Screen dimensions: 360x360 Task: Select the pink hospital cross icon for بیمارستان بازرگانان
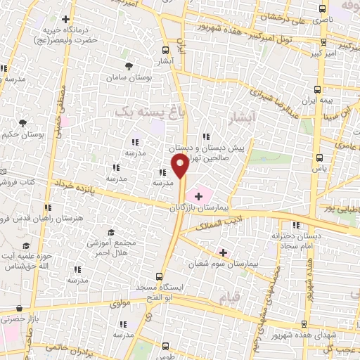[199, 193]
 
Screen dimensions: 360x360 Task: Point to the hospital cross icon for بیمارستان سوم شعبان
[223, 252]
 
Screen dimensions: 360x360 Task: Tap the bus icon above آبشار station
[166, 50]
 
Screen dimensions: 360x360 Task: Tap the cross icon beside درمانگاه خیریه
[66, 19]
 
